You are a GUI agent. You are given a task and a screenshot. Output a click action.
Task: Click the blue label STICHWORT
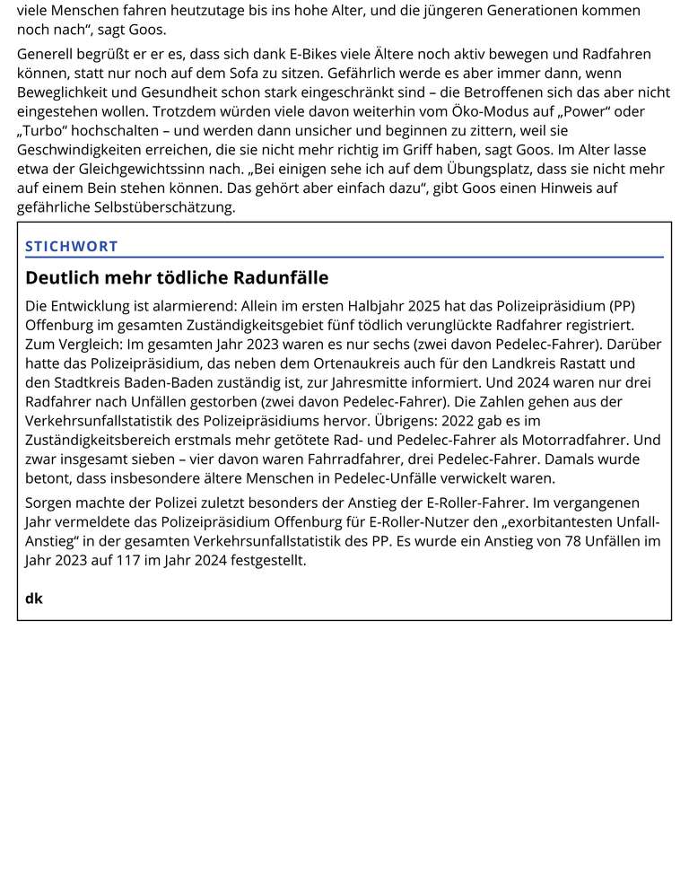coord(72,246)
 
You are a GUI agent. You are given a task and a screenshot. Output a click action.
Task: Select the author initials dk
coord(34,598)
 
